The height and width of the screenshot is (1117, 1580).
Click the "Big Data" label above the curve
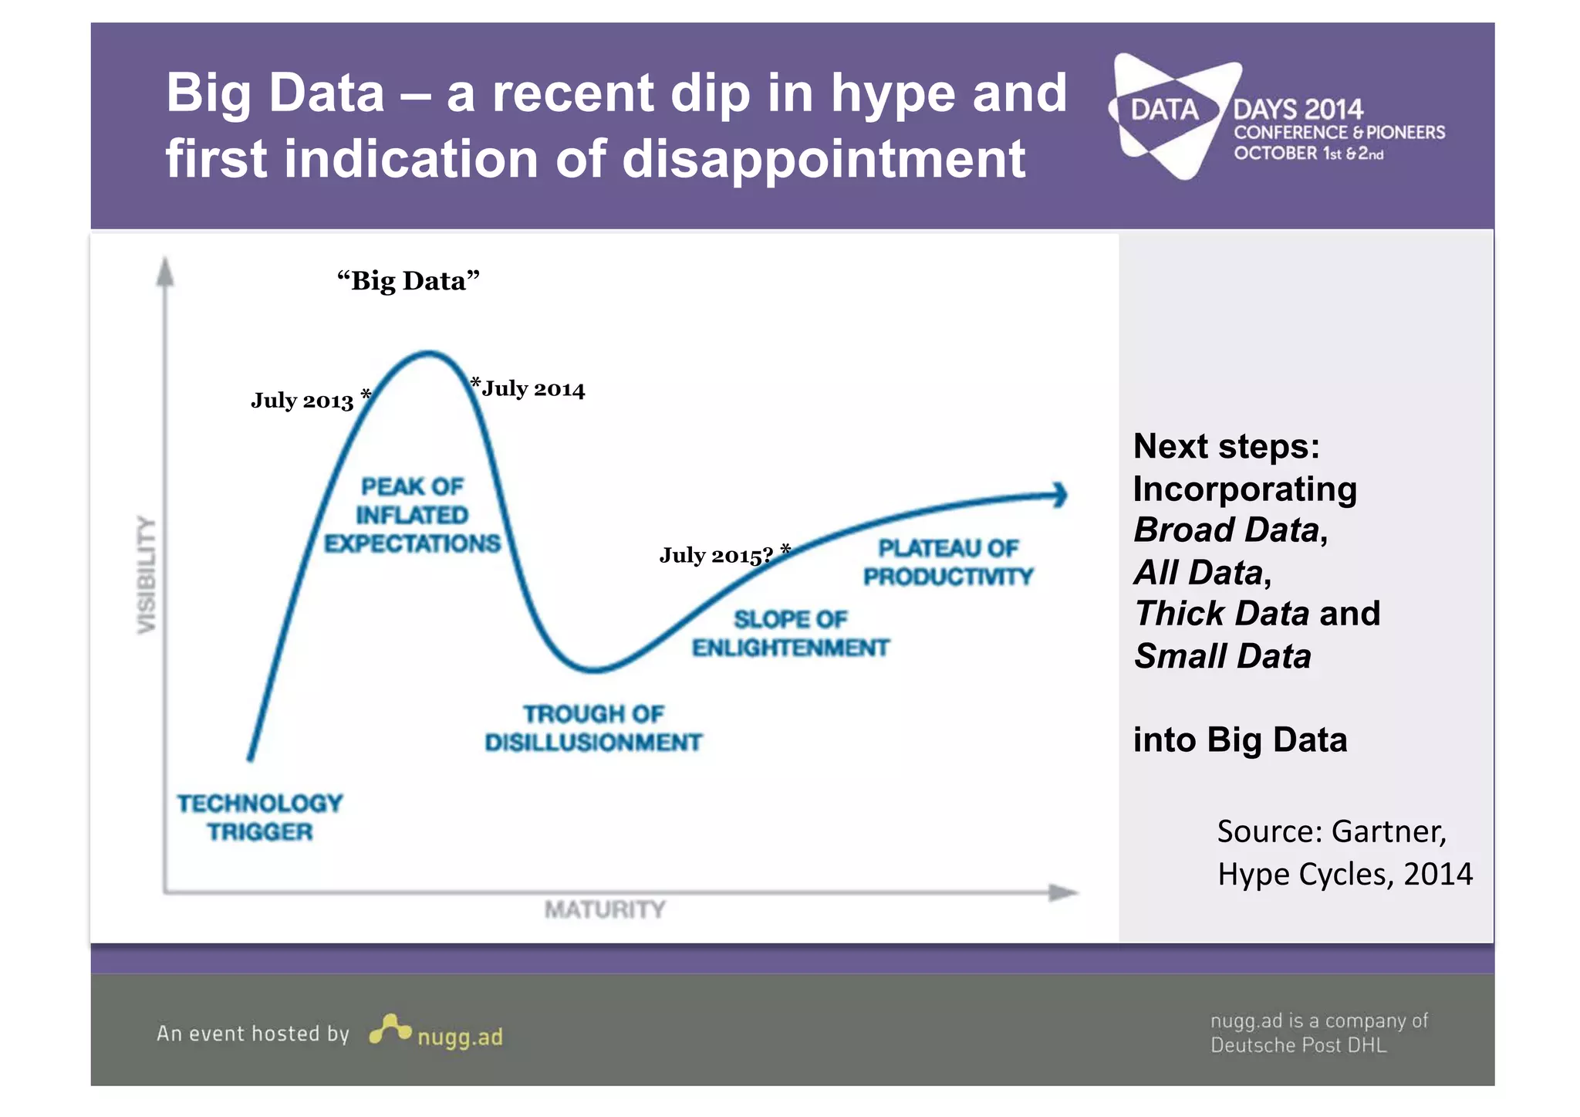coord(408,281)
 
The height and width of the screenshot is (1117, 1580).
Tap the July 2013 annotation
coord(302,401)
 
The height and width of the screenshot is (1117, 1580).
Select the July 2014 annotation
coord(533,389)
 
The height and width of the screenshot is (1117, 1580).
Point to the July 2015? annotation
coord(716,555)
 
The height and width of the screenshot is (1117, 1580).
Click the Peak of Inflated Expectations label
coord(412,515)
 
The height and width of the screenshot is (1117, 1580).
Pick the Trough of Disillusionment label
coord(592,728)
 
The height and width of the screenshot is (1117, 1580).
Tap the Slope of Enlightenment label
coord(790,633)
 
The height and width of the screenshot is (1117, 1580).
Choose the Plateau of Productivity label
coord(947,562)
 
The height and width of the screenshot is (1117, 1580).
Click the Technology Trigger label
coord(260,817)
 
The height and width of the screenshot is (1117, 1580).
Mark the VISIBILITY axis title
coord(147,574)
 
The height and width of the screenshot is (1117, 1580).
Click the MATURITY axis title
coord(604,909)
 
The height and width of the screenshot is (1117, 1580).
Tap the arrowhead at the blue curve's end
coord(1059,495)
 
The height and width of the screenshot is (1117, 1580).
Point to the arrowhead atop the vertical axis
coord(164,271)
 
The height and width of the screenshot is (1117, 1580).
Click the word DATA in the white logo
coord(1164,110)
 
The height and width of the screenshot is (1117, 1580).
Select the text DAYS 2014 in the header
coord(1298,110)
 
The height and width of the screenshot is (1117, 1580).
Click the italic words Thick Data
coord(1222,614)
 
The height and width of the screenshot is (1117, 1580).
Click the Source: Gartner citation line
coord(1332,831)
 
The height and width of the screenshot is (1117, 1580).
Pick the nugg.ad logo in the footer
coord(437,1032)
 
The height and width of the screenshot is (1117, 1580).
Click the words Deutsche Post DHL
coord(1298,1045)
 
